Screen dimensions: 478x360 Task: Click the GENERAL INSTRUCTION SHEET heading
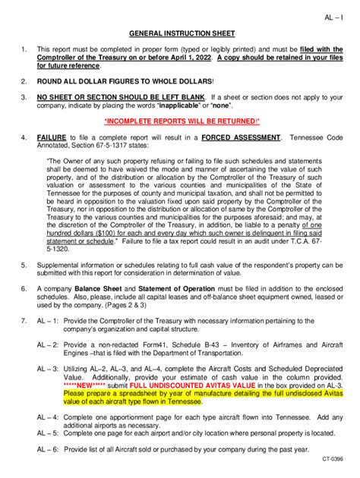(x=182, y=34)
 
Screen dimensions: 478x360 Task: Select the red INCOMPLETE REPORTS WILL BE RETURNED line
(x=182, y=121)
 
